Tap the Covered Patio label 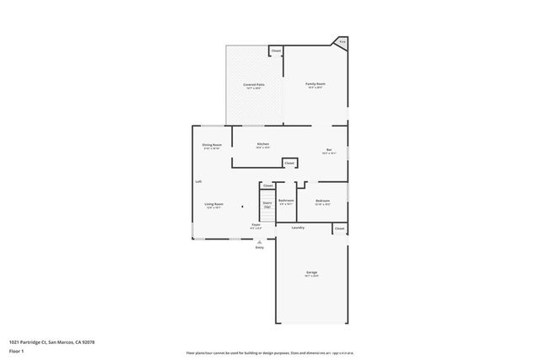coord(254,86)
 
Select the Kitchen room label coord(263,145)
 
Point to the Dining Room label coord(212,146)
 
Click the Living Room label coord(213,205)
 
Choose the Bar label coord(329,151)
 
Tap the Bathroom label coord(286,201)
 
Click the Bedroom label coord(322,201)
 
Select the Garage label coord(311,273)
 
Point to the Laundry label coord(298,228)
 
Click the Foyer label coord(256,226)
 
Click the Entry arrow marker coord(260,241)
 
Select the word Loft coord(198,181)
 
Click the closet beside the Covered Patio coord(276,51)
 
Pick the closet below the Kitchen coord(289,163)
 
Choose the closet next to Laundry coord(339,228)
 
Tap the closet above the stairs coord(267,185)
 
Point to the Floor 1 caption coord(17,352)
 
